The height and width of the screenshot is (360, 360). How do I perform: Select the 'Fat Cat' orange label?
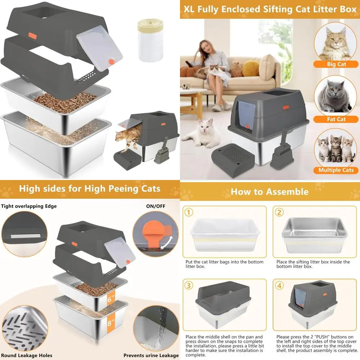(x=336, y=119)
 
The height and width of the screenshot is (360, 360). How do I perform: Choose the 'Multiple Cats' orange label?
(x=336, y=170)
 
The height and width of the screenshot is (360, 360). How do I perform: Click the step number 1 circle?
(x=189, y=212)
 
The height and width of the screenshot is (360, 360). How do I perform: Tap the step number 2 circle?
(x=279, y=212)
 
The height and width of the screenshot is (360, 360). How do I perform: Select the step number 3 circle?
(x=189, y=285)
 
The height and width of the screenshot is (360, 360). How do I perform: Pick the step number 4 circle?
(x=279, y=285)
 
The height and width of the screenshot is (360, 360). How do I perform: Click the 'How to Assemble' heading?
(x=269, y=192)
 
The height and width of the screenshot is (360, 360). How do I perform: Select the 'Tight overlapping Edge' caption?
(x=29, y=206)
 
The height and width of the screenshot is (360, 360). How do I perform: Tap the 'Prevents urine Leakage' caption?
(x=151, y=355)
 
